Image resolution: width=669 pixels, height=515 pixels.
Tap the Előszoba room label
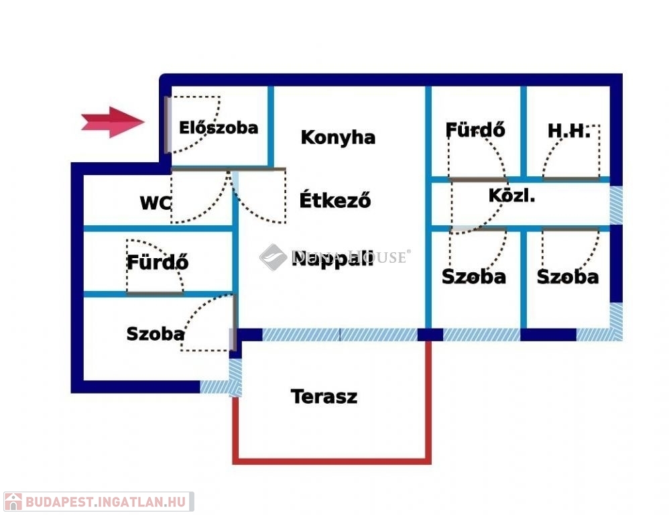click(218, 127)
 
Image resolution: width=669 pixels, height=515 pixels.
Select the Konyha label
click(338, 137)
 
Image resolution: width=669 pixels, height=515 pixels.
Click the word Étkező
click(334, 200)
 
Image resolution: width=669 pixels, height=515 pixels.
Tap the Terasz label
click(324, 396)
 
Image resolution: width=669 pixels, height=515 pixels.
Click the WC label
click(155, 203)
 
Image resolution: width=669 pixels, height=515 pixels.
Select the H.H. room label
click(568, 131)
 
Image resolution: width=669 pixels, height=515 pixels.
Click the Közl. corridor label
click(511, 196)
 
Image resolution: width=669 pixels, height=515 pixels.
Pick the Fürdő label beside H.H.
click(475, 129)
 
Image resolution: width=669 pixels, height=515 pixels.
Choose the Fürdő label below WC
click(158, 262)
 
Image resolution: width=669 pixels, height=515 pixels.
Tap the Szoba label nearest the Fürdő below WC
click(155, 334)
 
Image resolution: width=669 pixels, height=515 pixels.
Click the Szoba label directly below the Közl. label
click(473, 276)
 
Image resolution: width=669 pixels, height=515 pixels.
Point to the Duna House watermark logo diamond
click(273, 257)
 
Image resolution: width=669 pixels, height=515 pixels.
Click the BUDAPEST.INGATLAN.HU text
click(107, 502)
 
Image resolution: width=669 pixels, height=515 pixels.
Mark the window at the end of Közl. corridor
click(616, 205)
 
